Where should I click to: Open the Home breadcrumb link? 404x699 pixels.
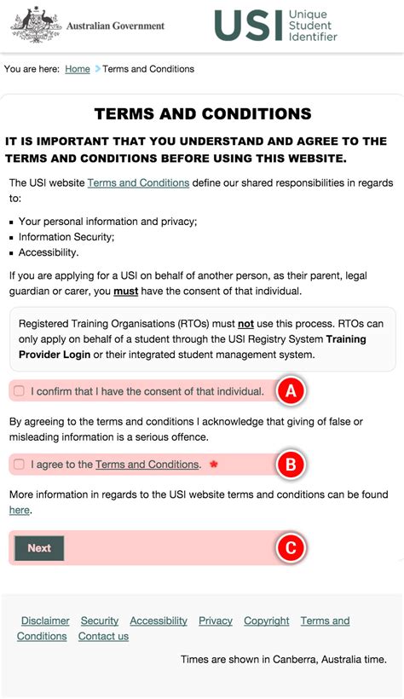[x=78, y=69]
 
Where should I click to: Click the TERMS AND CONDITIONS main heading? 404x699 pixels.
[x=202, y=114]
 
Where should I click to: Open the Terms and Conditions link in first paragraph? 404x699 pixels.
[x=138, y=182]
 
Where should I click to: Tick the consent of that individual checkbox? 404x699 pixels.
[x=20, y=391]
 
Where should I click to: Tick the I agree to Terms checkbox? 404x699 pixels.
[x=20, y=465]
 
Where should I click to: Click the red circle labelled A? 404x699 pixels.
[x=290, y=391]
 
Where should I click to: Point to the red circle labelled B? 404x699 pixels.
[x=290, y=465]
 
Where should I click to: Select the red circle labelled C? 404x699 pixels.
[x=290, y=548]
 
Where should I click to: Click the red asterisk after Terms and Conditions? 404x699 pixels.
[x=214, y=465]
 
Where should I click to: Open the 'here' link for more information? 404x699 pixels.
[x=19, y=510]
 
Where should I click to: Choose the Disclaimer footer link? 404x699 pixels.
[x=45, y=621]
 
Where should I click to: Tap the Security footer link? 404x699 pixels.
[x=100, y=621]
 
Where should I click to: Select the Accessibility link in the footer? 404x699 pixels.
[x=159, y=621]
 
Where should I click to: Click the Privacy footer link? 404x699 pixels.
[x=216, y=621]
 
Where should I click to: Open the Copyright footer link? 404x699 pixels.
[x=267, y=621]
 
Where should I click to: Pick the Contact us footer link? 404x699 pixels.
[x=103, y=636]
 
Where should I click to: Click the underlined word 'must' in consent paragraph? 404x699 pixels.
[x=126, y=290]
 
